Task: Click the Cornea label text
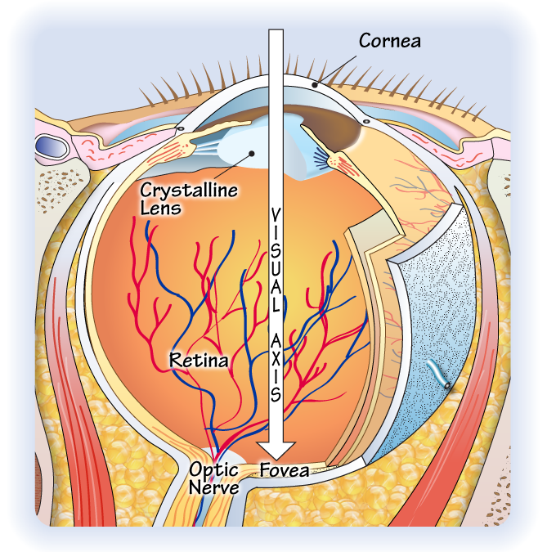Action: pos(390,41)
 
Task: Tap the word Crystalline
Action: pos(189,190)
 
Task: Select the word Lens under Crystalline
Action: pos(160,208)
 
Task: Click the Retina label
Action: pos(199,360)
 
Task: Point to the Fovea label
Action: pos(285,470)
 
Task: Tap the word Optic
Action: pos(213,470)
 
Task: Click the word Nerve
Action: pos(213,487)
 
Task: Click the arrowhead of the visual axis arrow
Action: pos(276,451)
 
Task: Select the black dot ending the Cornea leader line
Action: pos(315,84)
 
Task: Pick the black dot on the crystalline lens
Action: pos(252,154)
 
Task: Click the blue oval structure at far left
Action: pos(52,147)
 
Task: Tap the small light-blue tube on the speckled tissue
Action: pos(438,375)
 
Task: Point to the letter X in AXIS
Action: pos(276,360)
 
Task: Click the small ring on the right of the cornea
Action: pos(366,122)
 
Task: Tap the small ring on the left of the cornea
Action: pos(181,129)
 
